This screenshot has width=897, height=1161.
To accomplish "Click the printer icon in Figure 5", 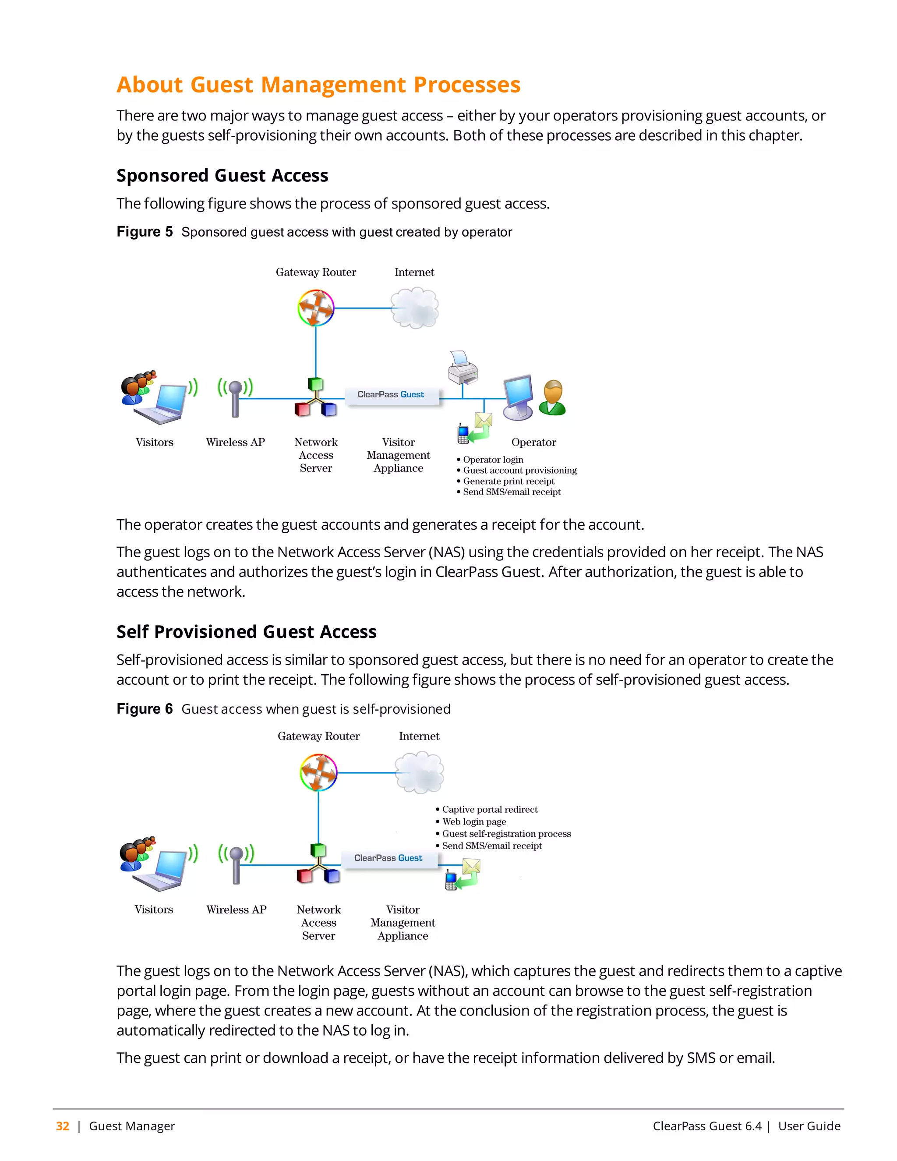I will click(463, 368).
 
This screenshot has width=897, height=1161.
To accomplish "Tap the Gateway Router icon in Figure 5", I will click(316, 308).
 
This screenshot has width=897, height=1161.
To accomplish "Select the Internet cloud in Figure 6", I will click(419, 772).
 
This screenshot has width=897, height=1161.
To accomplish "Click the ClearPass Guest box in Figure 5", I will click(392, 395).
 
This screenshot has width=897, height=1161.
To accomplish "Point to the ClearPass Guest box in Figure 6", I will click(389, 859).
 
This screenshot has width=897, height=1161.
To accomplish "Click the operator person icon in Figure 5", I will click(553, 398).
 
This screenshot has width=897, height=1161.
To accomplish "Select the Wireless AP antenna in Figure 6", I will click(237, 864).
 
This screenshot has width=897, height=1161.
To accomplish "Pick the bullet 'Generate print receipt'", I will click(508, 481).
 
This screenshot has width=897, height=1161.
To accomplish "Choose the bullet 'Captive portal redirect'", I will click(489, 810).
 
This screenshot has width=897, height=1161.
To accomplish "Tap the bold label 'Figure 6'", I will click(145, 709).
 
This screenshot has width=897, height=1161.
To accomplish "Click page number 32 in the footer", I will click(63, 1126).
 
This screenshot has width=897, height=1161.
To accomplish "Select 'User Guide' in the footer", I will click(809, 1126).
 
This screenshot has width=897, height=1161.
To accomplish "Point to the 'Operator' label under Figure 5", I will click(533, 442).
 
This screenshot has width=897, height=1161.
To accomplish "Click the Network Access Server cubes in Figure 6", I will click(318, 864).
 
